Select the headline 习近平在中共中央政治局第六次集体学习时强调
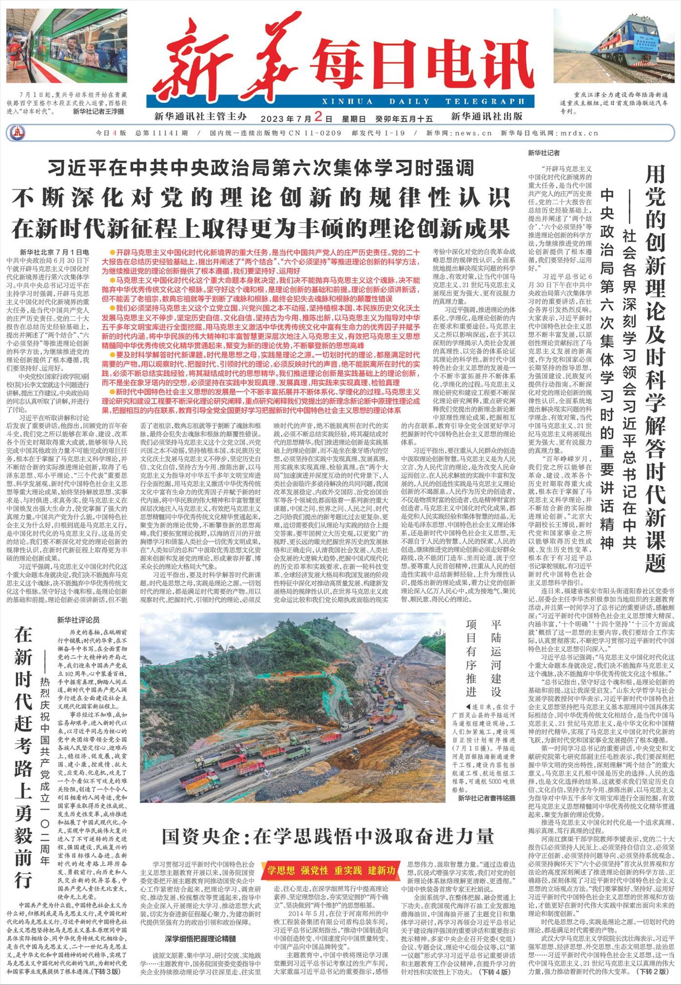(x=261, y=168)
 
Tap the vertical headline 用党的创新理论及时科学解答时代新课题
(x=655, y=368)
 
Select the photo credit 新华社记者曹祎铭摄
(x=486, y=798)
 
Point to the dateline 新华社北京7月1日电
(x=54, y=252)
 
